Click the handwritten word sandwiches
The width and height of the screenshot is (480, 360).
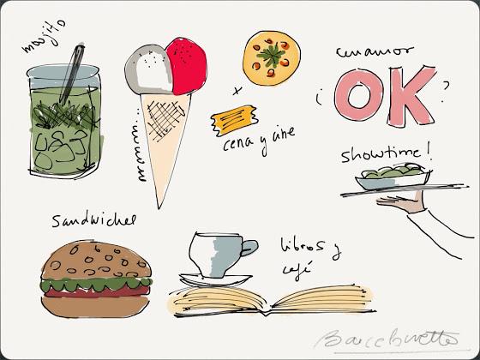coord(93,219)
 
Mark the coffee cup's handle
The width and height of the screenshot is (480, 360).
coord(249,251)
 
